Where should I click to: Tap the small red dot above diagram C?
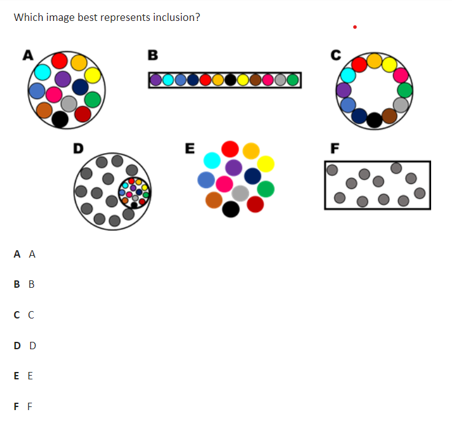pyautogui.click(x=355, y=27)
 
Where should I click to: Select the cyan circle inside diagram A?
pyautogui.click(x=42, y=72)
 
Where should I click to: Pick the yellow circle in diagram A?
pyautogui.click(x=93, y=75)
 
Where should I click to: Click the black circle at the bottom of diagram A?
pyautogui.click(x=60, y=119)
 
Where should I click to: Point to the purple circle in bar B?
pyautogui.click(x=155, y=80)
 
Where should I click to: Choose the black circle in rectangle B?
pyautogui.click(x=230, y=80)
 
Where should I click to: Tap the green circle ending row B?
pyautogui.click(x=292, y=80)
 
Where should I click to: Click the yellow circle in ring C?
pyautogui.click(x=389, y=65)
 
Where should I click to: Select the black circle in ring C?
pyautogui.click(x=375, y=120)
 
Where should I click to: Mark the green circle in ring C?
pyautogui.click(x=405, y=90)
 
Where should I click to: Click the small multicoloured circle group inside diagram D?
pyautogui.click(x=134, y=192)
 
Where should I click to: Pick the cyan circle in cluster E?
pyautogui.click(x=212, y=160)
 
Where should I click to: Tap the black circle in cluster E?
pyautogui.click(x=231, y=209)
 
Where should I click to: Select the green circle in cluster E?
pyautogui.click(x=265, y=189)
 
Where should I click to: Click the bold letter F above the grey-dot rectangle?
pyautogui.click(x=335, y=149)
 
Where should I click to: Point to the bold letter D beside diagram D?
pyautogui.click(x=78, y=149)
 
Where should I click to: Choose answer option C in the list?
pyautogui.click(x=24, y=315)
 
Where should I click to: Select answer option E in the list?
pyautogui.click(x=23, y=376)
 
